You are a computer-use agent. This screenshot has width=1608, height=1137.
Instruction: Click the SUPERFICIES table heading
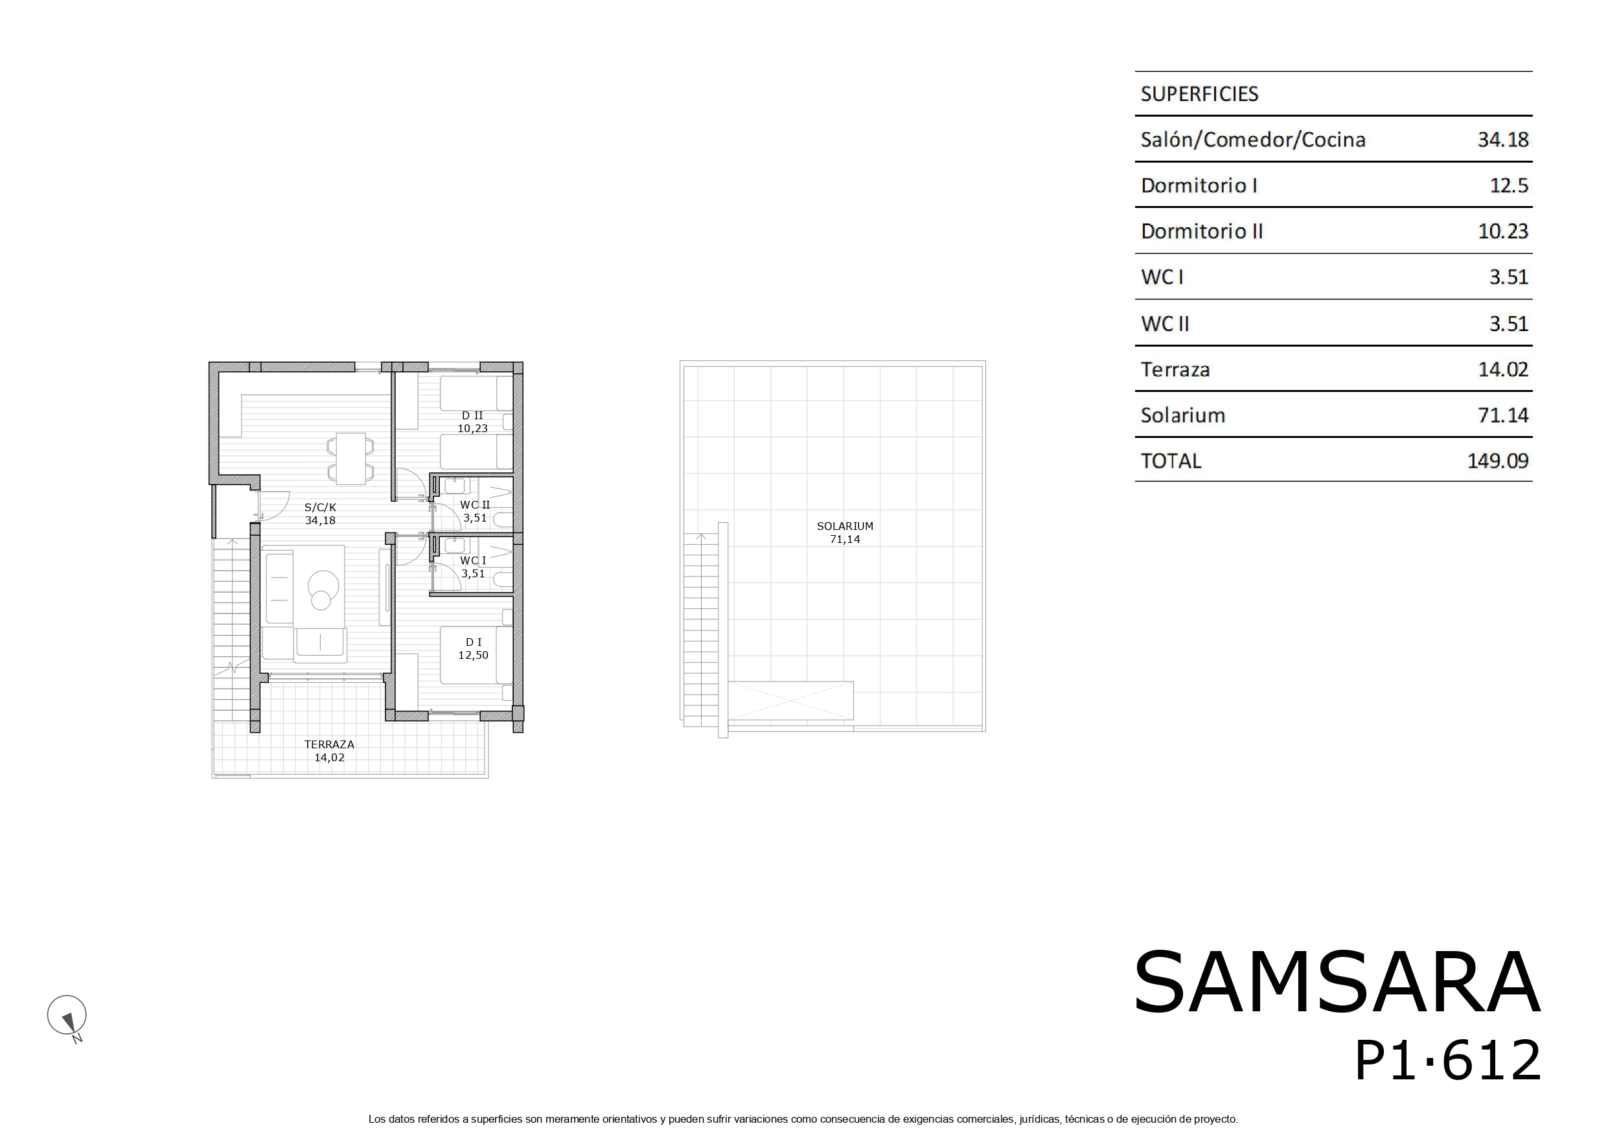click(x=1199, y=94)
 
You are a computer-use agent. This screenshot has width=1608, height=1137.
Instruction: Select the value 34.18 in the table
click(x=1503, y=140)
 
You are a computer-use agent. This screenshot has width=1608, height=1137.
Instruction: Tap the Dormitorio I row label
click(x=1199, y=186)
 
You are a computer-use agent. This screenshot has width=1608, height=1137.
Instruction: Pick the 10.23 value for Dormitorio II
click(x=1503, y=231)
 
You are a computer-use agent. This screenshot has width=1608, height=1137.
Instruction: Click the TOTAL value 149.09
click(x=1498, y=461)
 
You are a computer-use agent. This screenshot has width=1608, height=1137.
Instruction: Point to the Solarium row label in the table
click(x=1183, y=415)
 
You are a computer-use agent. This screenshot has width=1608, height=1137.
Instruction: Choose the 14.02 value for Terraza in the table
click(x=1503, y=369)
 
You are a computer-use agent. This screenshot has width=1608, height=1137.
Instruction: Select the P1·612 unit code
click(x=1447, y=1061)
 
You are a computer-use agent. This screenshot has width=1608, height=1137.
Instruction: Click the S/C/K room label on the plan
click(x=320, y=507)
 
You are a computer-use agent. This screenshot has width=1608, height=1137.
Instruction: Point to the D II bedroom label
click(x=473, y=415)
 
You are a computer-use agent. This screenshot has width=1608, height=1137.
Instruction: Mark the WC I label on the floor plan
click(x=473, y=560)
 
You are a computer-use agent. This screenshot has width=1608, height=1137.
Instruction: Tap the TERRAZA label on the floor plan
click(x=329, y=744)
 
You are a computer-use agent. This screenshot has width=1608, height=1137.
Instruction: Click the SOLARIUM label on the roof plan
click(x=845, y=526)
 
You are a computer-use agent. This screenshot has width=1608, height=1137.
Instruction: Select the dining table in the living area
click(x=350, y=458)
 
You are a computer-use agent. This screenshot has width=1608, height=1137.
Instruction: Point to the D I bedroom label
click(x=474, y=641)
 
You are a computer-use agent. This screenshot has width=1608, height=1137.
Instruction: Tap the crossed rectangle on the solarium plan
click(x=790, y=700)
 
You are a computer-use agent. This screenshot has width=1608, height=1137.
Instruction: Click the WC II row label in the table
click(x=1166, y=324)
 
